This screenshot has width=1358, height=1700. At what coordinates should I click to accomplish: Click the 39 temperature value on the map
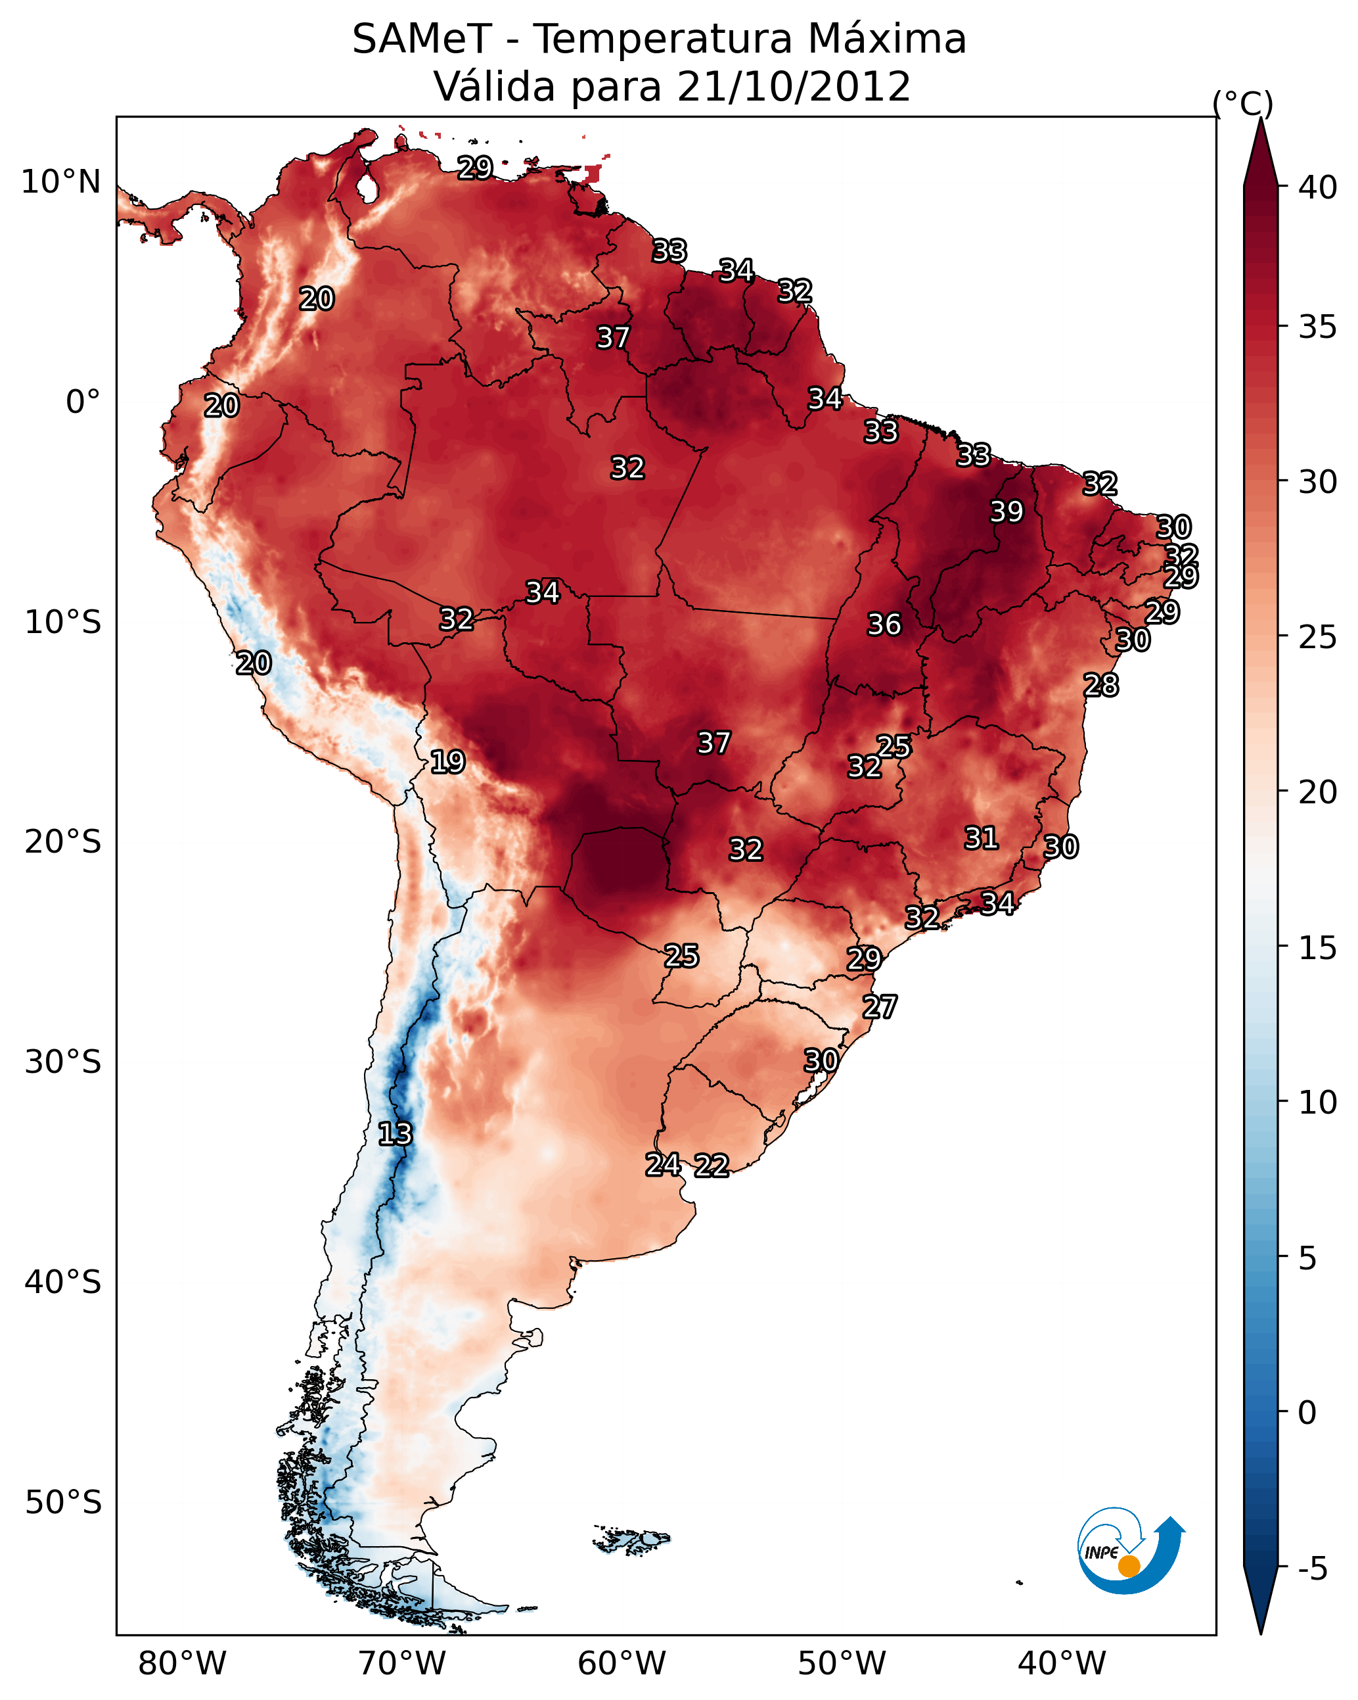coord(1007,511)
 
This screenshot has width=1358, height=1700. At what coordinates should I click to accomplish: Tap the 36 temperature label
coord(884,625)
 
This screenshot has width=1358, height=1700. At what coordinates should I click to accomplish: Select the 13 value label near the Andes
coord(395,1134)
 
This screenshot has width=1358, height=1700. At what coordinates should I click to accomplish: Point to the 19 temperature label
coord(447,762)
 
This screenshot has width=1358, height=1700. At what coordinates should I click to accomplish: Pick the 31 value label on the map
coord(982,838)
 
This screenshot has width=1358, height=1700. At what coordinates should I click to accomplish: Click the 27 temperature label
coord(880,1007)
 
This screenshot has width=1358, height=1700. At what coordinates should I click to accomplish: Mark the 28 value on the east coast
coord(1101,685)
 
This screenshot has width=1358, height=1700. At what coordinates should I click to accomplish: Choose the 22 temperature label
coord(712,1166)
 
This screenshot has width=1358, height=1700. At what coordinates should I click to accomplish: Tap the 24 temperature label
coord(663,1164)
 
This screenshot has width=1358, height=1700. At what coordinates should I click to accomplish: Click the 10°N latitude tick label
coord(60,182)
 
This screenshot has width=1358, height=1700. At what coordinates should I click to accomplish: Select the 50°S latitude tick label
coord(63,1503)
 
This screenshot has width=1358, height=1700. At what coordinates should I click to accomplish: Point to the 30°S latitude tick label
coord(63,1062)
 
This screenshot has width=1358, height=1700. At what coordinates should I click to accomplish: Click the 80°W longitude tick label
coord(182,1663)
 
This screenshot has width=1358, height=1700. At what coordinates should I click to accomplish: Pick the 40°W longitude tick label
coord(1062,1663)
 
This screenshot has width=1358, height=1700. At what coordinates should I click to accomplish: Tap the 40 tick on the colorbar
coord(1317,187)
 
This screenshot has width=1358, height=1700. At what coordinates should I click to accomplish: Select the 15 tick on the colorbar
coord(1317,948)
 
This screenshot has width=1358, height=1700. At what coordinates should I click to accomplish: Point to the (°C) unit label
coord(1243,103)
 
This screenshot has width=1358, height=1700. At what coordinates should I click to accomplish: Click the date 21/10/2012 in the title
coord(794,87)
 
